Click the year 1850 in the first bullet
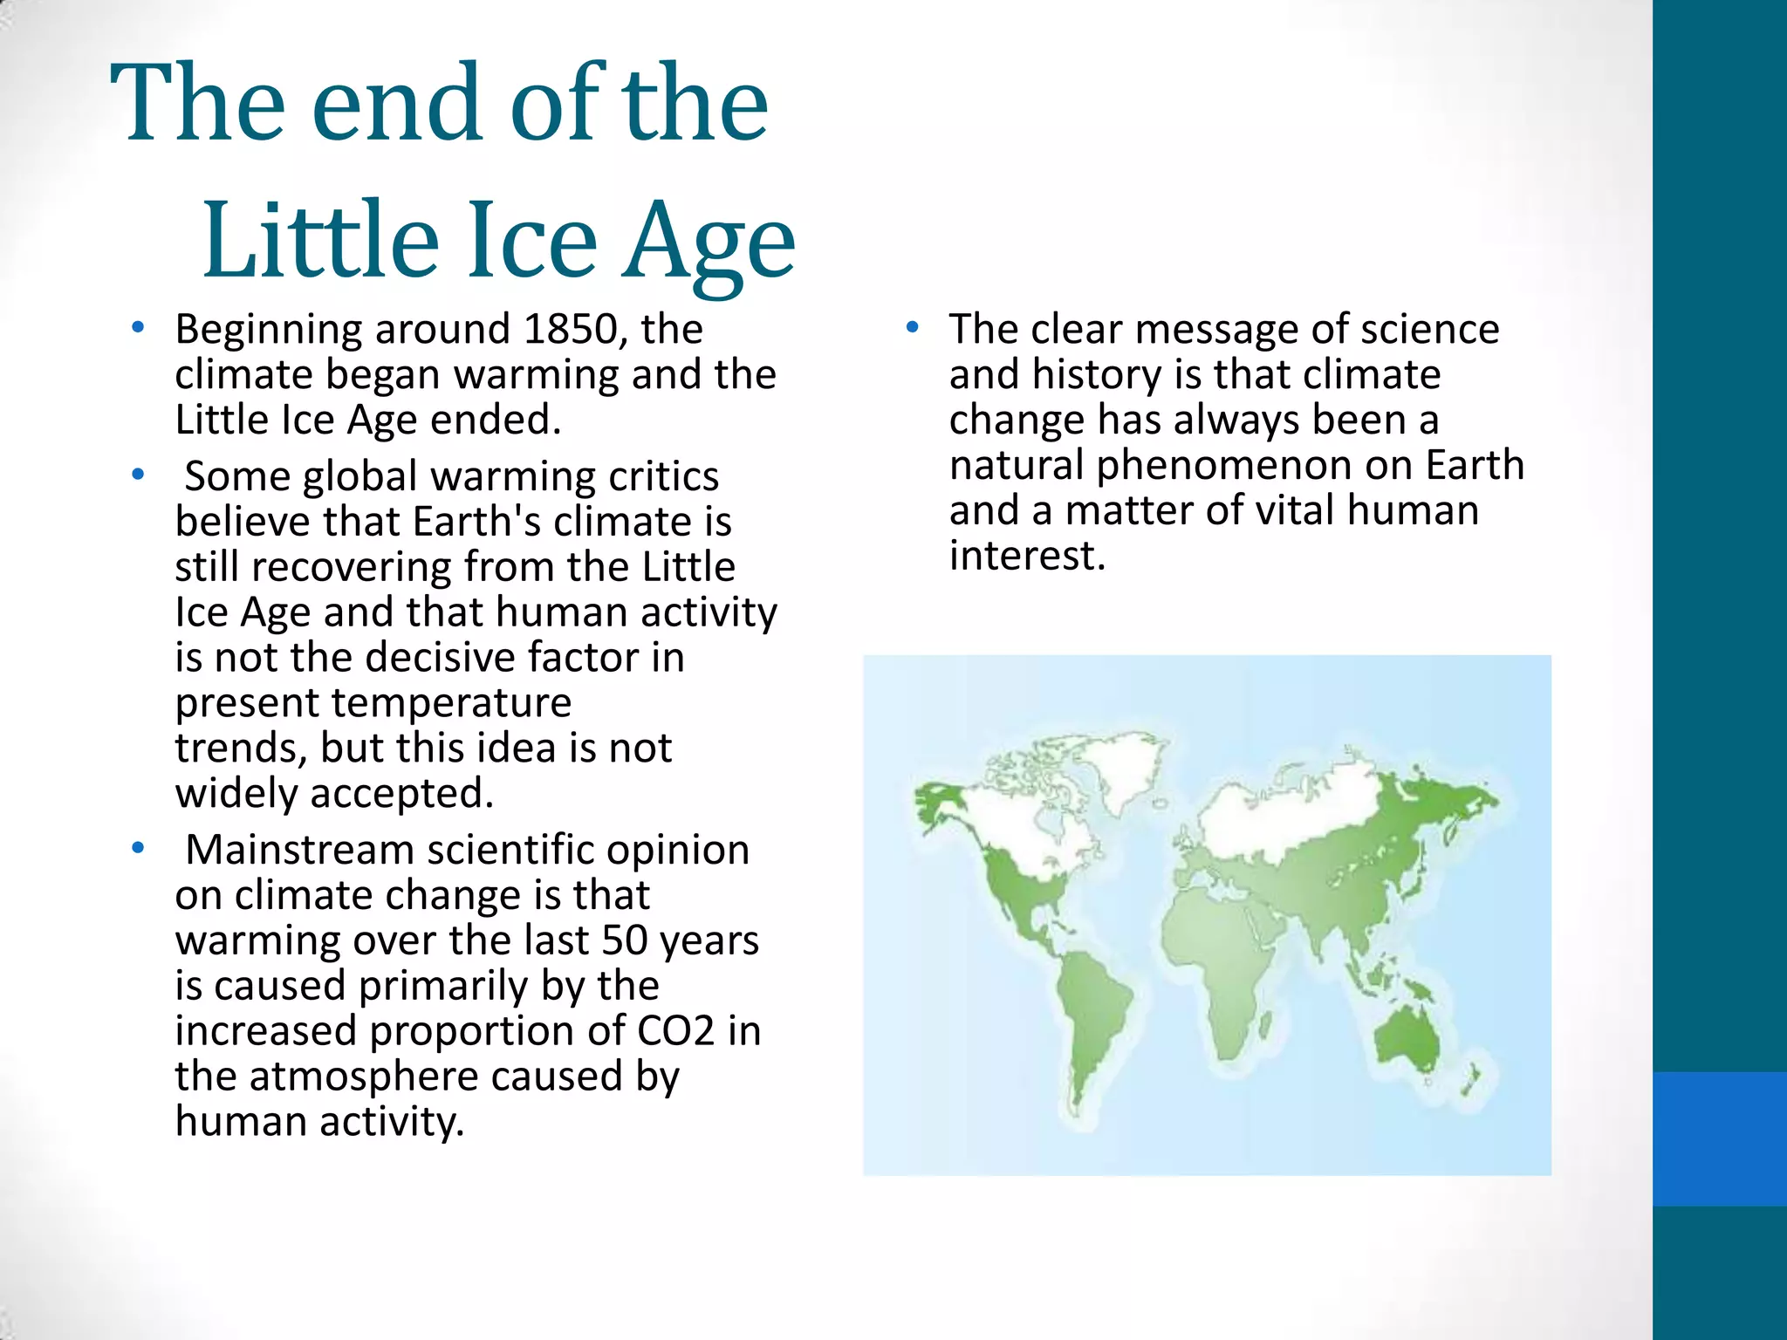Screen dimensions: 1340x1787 [x=571, y=330]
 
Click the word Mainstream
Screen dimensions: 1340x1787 [x=299, y=850]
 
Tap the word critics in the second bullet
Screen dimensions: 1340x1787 [x=663, y=476]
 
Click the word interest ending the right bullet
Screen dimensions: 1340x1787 [x=1026, y=556]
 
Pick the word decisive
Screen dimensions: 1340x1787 [x=440, y=658]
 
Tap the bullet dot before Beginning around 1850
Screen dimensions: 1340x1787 [x=137, y=329]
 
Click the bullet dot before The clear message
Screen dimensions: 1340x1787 [x=912, y=329]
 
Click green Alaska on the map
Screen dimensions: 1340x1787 [x=938, y=799]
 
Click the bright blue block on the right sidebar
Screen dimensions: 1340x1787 [x=1719, y=1138]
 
